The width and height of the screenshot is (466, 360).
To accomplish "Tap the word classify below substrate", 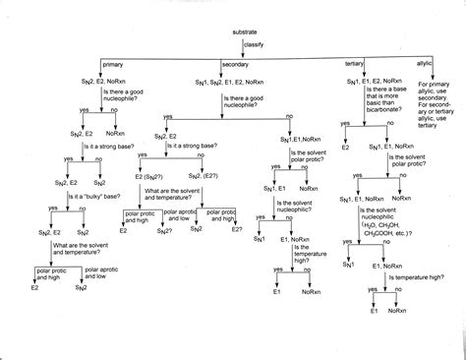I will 253,44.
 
